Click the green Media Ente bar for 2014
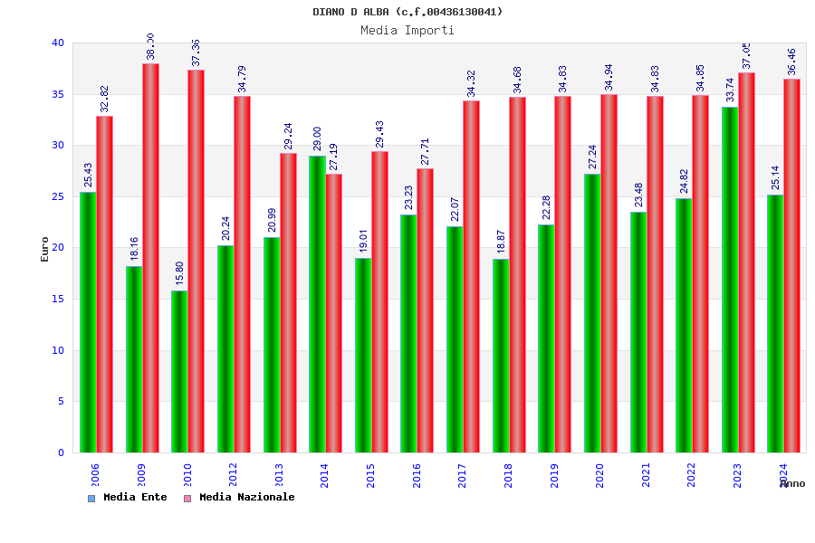[317, 304]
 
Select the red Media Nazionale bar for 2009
[150, 258]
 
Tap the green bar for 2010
[179, 371]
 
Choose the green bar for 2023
[730, 280]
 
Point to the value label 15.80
[179, 273]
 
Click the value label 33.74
[730, 90]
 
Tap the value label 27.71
[425, 151]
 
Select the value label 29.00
[317, 139]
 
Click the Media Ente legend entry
[128, 498]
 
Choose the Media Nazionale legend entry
[239, 498]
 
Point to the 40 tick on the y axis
[58, 43]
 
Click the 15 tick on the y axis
[58, 299]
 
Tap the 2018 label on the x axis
[509, 475]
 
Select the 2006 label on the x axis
[96, 475]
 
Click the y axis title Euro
[45, 249]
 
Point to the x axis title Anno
[792, 484]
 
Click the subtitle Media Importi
[407, 30]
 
